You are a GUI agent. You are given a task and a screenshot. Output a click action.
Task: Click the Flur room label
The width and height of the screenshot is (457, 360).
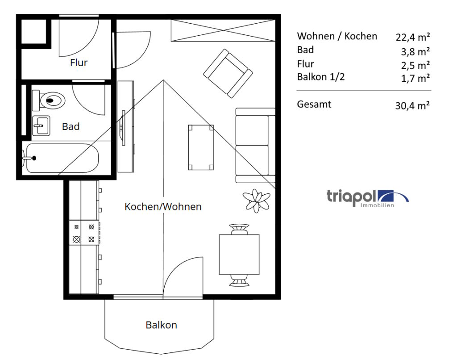coord(79,63)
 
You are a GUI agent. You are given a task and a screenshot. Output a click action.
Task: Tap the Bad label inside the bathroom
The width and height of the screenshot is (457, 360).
coord(71,126)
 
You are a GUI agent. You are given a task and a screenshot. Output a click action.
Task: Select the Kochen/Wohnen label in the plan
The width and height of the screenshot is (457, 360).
coord(163,206)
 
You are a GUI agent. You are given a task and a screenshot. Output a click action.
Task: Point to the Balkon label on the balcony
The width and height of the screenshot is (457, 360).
coord(161,325)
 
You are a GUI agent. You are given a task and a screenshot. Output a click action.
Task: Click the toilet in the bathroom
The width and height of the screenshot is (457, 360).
coord(48,100)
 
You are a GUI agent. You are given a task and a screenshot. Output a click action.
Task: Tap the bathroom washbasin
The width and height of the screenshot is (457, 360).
coord(41,126)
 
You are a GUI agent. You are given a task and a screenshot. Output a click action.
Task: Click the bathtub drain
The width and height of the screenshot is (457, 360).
coord(34,158)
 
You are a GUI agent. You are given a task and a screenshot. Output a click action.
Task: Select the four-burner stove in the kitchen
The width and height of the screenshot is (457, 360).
coord(84,233)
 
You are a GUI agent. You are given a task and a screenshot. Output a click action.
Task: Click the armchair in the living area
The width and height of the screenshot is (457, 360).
coord(228,73)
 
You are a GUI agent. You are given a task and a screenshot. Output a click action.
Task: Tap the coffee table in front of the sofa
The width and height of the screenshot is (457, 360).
coord(201,147)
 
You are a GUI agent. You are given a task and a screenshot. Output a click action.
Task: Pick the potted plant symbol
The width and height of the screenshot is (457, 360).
coord(257,201)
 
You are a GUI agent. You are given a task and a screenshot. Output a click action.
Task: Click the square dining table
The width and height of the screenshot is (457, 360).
coord(239,255)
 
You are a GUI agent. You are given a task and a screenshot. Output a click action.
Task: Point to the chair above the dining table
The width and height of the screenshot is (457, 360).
coord(239,229)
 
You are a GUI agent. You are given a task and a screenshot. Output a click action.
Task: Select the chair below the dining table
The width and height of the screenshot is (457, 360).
coord(239,280)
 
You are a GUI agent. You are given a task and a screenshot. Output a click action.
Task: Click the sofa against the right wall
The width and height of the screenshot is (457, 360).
coord(255,145)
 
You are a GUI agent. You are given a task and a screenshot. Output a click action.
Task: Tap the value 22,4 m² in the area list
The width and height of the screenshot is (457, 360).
coord(412,38)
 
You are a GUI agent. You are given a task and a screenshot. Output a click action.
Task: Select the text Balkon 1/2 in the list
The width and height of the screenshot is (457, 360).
coord(320,77)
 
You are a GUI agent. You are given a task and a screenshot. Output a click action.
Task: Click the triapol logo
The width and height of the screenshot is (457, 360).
coord(367,198)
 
